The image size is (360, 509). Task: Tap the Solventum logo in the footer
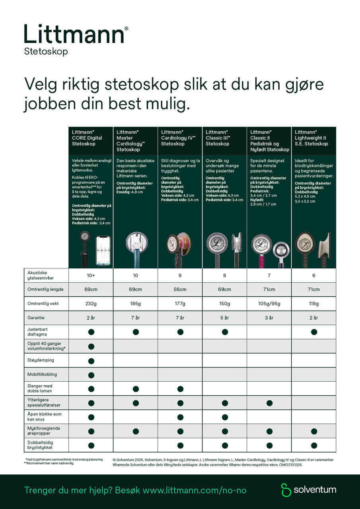309,490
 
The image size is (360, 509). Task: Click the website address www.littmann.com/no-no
195,490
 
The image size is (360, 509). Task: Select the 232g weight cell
91,304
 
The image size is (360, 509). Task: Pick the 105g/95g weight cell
269,304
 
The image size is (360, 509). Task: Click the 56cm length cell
180,289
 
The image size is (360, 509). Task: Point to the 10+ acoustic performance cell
91,275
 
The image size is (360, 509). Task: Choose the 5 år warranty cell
225,318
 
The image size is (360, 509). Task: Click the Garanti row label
36,318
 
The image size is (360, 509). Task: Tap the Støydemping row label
41,360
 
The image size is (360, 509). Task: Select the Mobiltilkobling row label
42,375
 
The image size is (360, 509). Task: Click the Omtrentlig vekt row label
43,304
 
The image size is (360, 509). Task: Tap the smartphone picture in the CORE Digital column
103,250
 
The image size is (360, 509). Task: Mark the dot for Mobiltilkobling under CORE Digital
91,375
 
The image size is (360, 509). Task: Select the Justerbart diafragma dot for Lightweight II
314,332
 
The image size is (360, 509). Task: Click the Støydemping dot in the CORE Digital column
91,361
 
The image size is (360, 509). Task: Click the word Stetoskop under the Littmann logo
46,51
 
